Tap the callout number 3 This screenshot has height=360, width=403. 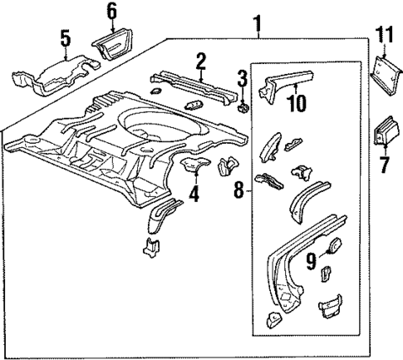tap(243, 80)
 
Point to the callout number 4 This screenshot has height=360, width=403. tap(193, 196)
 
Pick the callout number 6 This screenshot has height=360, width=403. tap(111, 11)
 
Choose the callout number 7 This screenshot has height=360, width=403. tap(384, 165)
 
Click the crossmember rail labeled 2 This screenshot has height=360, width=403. tap(198, 82)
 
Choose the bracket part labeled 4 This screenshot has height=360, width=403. tap(195, 164)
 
